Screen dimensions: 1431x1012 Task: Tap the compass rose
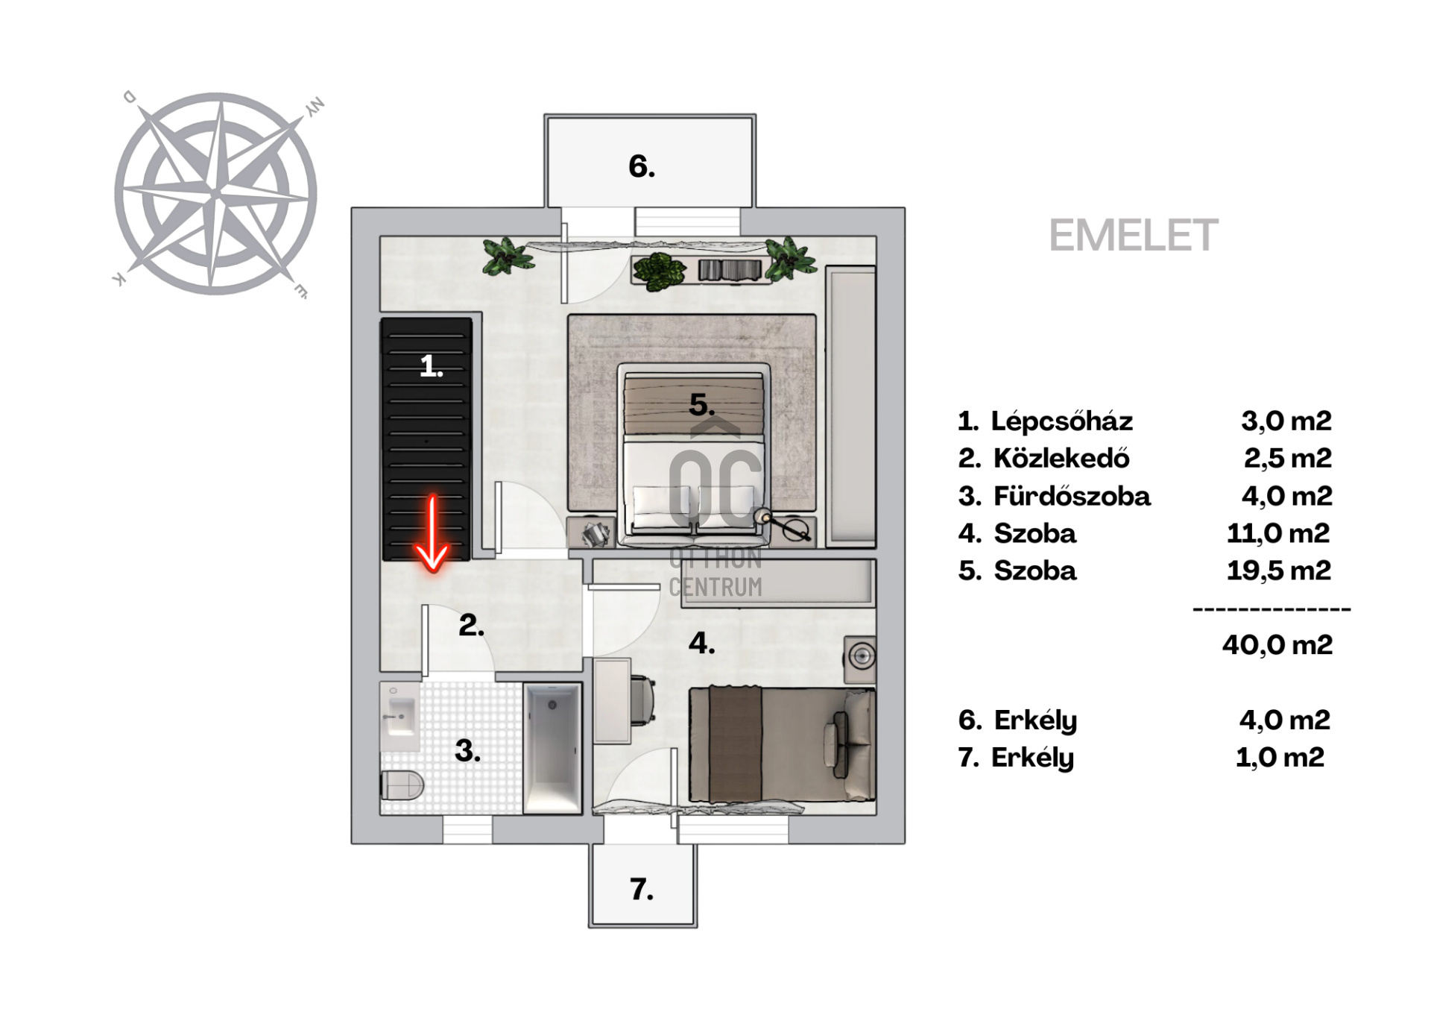coord(216,194)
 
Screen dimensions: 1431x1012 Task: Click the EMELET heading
coord(1133,236)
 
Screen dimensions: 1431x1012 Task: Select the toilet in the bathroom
coord(402,785)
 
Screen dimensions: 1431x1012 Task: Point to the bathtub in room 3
coord(552,748)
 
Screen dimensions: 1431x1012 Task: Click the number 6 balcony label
coord(642,166)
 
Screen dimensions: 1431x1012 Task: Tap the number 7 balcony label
coord(642,889)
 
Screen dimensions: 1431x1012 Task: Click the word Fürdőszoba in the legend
coord(1072,496)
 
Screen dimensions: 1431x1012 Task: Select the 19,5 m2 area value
coord(1279,571)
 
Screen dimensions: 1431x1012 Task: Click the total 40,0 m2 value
coord(1277,644)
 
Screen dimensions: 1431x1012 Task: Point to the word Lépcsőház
coord(1062,421)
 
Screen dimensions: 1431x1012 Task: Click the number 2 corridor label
coord(471,625)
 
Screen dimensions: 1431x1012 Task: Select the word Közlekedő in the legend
coord(1061,458)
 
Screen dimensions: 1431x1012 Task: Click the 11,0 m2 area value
coord(1278,533)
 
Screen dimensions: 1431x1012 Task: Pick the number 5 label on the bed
coord(702,405)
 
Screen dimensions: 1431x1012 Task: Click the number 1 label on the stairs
coord(432,366)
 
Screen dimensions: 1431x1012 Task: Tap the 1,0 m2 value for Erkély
coord(1280,757)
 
